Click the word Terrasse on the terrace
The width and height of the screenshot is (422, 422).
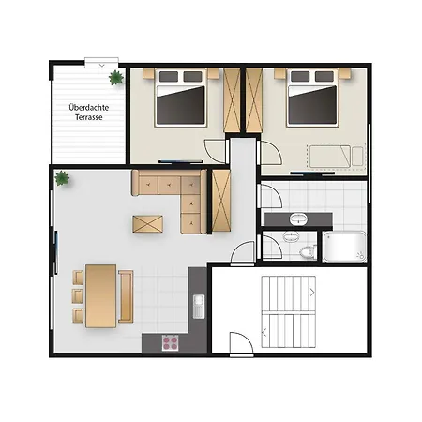click(x=89, y=117)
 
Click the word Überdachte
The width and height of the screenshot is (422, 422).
click(x=89, y=107)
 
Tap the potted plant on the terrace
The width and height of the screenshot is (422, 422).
click(x=116, y=77)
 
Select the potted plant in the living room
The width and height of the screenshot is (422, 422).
click(x=62, y=178)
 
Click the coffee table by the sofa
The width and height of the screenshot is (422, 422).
click(x=147, y=224)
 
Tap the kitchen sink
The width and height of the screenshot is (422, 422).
click(x=199, y=307)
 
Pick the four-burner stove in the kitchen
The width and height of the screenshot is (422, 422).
click(x=171, y=343)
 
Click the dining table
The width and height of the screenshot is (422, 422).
click(x=101, y=296)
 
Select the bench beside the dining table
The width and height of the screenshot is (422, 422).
click(x=126, y=296)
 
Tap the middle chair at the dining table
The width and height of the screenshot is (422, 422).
click(x=78, y=296)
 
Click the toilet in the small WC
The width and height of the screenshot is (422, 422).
click(x=308, y=252)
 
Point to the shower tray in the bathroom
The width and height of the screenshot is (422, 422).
click(x=344, y=247)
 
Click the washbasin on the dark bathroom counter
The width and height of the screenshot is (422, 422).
click(x=298, y=219)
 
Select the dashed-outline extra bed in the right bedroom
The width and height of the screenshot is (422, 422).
click(x=337, y=156)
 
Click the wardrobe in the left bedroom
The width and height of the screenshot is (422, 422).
click(x=232, y=100)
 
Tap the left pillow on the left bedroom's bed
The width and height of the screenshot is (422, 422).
click(x=169, y=77)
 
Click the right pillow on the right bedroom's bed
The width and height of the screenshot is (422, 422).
click(x=324, y=76)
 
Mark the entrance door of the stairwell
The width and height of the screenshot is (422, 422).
click(x=241, y=343)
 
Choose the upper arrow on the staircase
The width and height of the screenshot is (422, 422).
click(x=312, y=293)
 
